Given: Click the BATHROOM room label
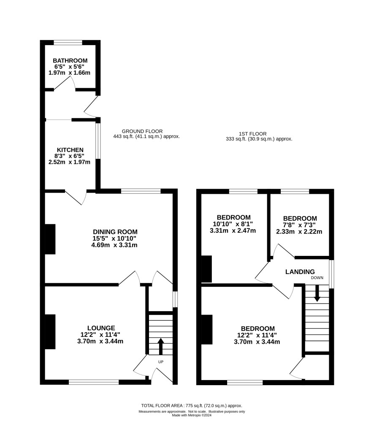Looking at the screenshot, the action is [x=70, y=61].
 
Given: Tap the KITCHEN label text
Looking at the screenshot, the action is [x=70, y=150].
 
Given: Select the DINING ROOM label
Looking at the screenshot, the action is [x=115, y=232].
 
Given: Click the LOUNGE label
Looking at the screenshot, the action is [x=101, y=328].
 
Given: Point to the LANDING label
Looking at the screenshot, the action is [x=300, y=272].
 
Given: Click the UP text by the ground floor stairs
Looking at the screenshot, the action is [x=161, y=362].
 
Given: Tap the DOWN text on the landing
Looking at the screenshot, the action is [x=317, y=278].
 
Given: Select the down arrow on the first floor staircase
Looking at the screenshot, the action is [x=317, y=293].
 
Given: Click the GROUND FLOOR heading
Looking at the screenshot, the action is [x=142, y=131].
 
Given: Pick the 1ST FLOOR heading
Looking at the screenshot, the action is [x=252, y=134].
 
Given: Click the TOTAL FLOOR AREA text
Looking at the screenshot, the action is [x=192, y=405].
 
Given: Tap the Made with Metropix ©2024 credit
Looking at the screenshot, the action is [x=192, y=415].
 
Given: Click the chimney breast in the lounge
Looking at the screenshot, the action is [x=50, y=332].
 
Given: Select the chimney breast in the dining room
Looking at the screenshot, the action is [x=50, y=239].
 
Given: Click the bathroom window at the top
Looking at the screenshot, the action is [x=68, y=42].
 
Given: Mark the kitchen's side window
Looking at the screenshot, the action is [x=98, y=141].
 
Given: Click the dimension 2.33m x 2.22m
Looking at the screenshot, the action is [x=299, y=232].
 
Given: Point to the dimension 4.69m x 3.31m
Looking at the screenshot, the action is [x=114, y=245].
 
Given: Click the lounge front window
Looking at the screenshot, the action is [x=94, y=382].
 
